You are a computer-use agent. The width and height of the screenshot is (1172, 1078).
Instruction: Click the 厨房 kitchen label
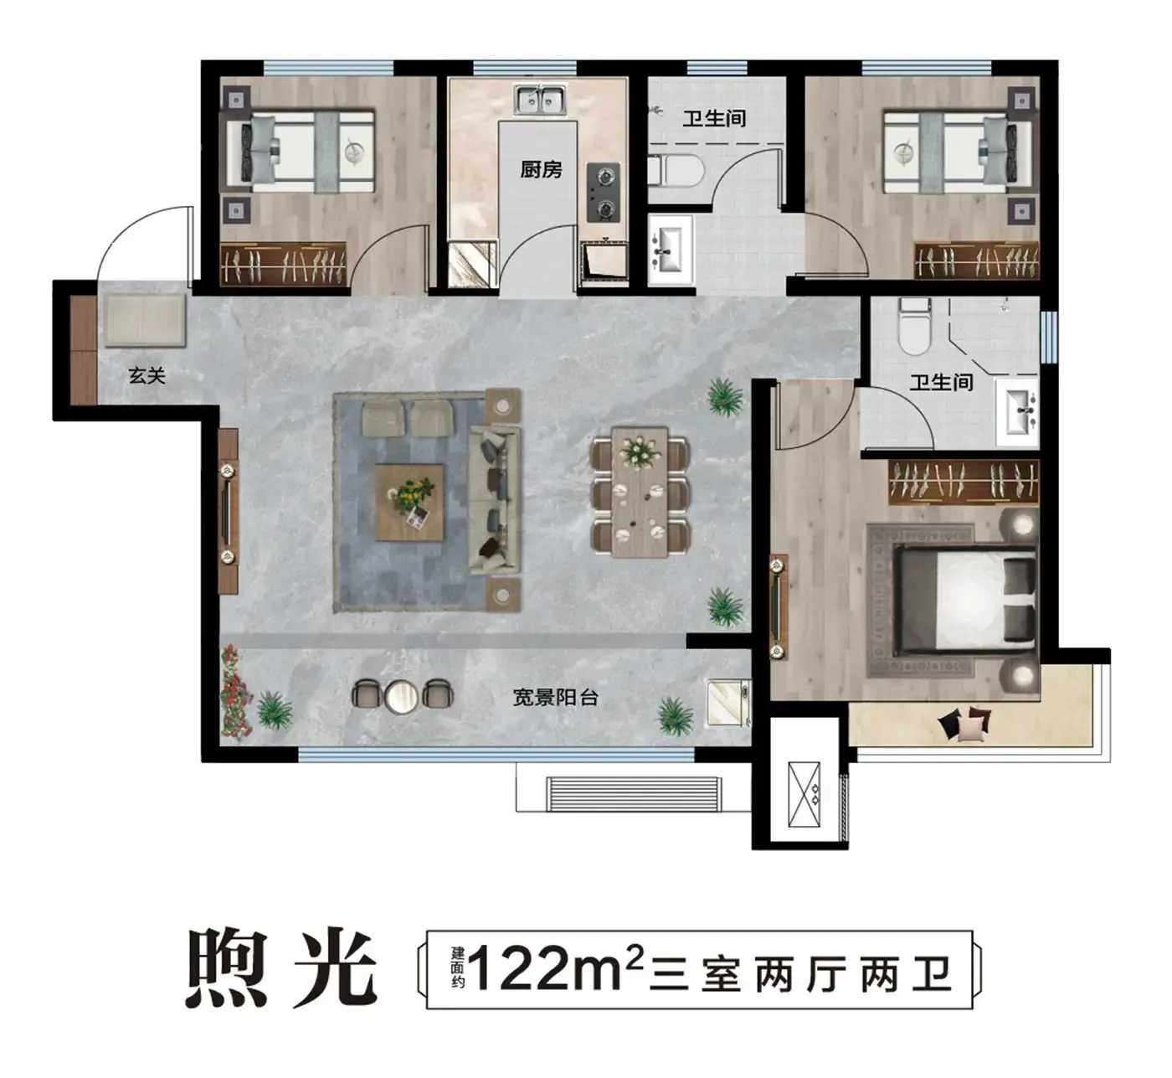541,169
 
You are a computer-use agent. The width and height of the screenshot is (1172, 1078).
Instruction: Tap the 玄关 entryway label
146,375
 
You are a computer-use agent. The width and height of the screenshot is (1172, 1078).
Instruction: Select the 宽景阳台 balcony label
556,697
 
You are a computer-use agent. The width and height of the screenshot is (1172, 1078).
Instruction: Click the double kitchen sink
540,100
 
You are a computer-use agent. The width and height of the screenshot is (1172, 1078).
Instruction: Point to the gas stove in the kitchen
604,193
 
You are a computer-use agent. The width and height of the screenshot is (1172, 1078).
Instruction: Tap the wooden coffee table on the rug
409,503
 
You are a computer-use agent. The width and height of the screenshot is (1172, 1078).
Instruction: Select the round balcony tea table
401,696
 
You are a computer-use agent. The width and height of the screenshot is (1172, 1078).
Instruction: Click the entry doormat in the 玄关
144,320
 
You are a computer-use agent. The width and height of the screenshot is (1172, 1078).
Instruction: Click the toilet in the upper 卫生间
676,171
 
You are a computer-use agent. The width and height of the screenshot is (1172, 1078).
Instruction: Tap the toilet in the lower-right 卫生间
914,326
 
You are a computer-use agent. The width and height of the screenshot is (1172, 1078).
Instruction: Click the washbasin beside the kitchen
671,250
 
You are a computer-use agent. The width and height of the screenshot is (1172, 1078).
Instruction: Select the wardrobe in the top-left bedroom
283,265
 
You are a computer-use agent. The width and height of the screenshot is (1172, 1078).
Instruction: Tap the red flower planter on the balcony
235,693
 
